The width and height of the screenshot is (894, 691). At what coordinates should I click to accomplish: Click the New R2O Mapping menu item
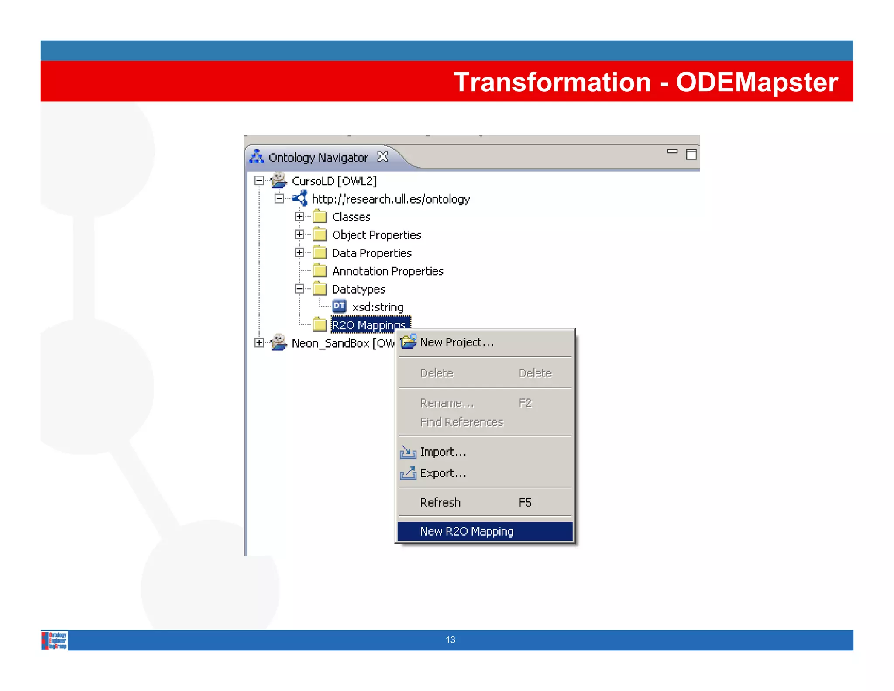coord(466,531)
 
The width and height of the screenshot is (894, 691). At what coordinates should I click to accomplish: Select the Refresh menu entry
coord(440,502)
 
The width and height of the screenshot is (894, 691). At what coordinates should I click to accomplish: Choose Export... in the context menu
coord(443,473)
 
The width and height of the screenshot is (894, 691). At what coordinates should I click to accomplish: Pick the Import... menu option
coord(443,452)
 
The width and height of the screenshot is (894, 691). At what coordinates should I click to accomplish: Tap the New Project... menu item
coord(457,342)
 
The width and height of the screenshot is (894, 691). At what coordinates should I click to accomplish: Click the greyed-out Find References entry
coord(461,422)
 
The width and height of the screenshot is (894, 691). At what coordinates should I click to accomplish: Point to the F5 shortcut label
coord(525,502)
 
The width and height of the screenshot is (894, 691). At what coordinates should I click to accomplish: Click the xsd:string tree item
coord(378,307)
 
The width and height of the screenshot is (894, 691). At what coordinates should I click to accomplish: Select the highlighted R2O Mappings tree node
coord(369,325)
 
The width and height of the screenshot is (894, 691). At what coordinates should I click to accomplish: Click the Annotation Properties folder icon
coord(320,271)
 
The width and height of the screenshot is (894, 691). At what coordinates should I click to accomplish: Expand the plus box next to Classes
coord(299,216)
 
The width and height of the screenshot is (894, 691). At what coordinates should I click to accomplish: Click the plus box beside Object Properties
coord(299,235)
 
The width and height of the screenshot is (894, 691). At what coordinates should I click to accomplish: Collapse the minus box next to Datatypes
coord(299,289)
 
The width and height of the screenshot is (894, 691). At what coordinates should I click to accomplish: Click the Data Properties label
coord(371,253)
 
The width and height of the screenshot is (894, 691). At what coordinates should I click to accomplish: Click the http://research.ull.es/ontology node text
coord(391,199)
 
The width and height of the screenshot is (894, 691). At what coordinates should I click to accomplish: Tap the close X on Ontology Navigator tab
coord(383,156)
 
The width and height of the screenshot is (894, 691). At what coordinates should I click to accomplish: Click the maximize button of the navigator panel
coord(691,154)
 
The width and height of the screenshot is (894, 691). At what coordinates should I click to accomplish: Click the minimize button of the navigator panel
coord(672,152)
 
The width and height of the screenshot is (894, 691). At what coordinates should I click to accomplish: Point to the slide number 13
coord(450,640)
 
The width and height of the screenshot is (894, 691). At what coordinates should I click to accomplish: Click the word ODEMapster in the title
coord(757,82)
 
